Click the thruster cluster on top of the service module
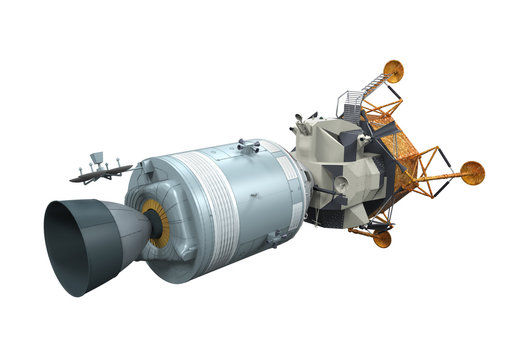coord(247,147)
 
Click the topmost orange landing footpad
coord(394,70)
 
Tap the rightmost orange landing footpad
coord(471,173)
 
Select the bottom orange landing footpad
coord(382,238)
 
